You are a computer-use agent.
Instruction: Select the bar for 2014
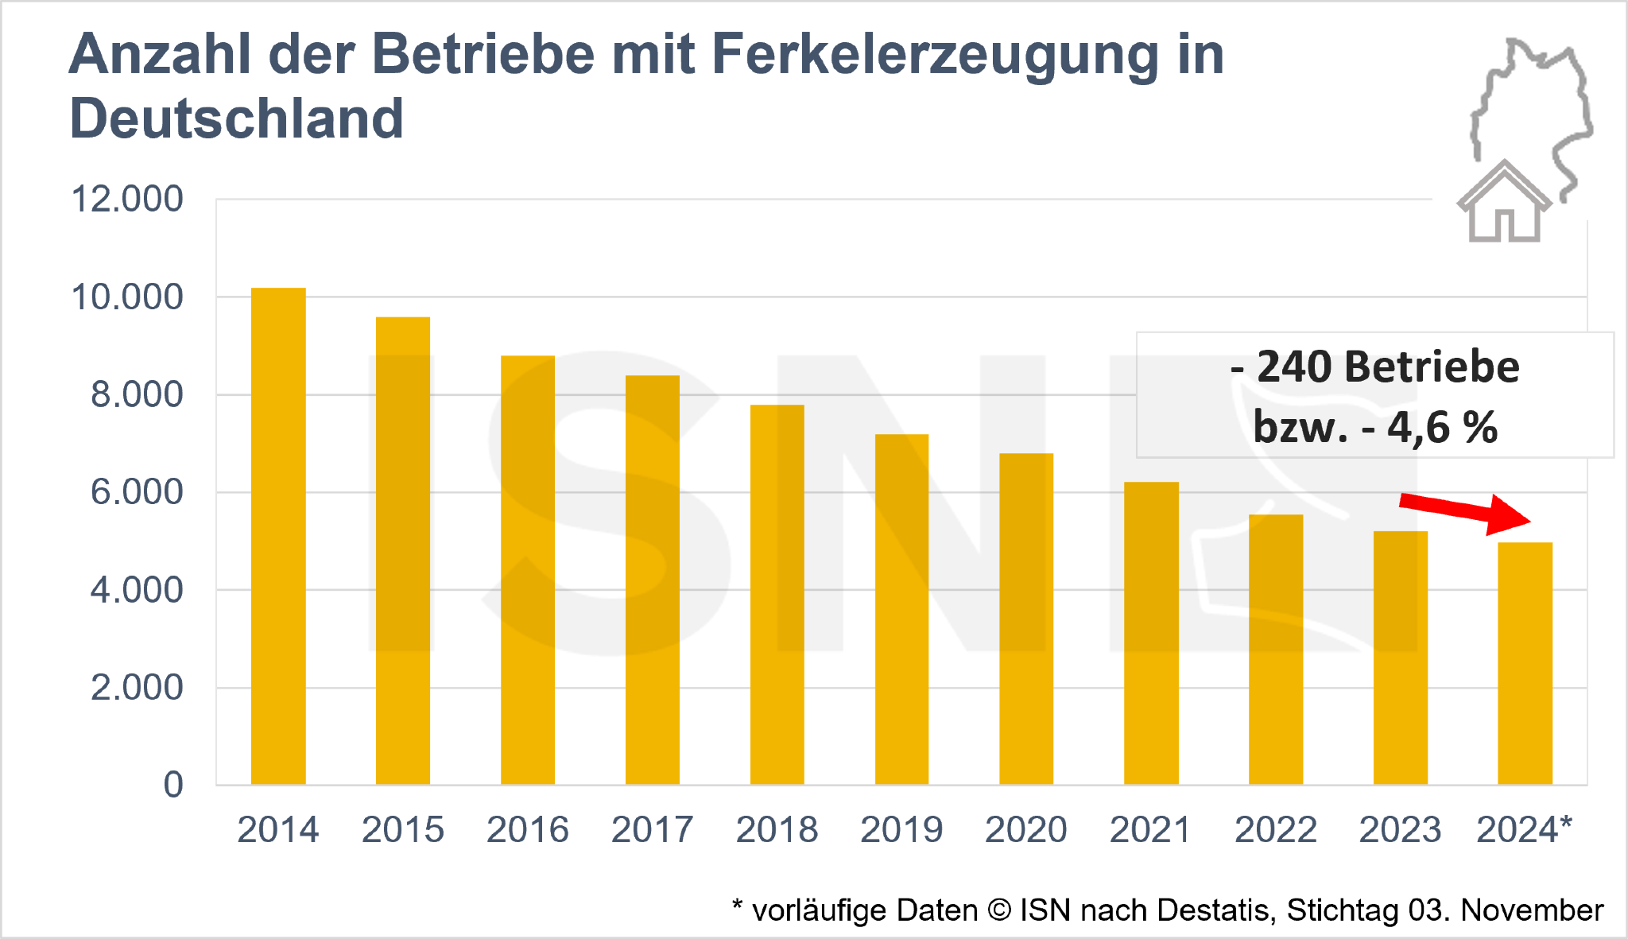(278, 537)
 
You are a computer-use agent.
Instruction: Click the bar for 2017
(653, 580)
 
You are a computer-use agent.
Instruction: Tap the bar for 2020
(1026, 619)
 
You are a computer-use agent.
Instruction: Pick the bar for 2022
(1276, 650)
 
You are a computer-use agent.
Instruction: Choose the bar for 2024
(1525, 664)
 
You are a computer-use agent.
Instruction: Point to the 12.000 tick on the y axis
(127, 199)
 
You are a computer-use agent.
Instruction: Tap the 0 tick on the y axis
(173, 785)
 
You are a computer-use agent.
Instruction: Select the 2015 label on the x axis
(403, 830)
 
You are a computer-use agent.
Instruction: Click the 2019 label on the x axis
(901, 830)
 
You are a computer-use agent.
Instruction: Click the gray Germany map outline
(1534, 111)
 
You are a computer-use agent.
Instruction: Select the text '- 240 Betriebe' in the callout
(1374, 367)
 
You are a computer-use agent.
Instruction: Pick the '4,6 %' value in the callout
(1442, 428)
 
